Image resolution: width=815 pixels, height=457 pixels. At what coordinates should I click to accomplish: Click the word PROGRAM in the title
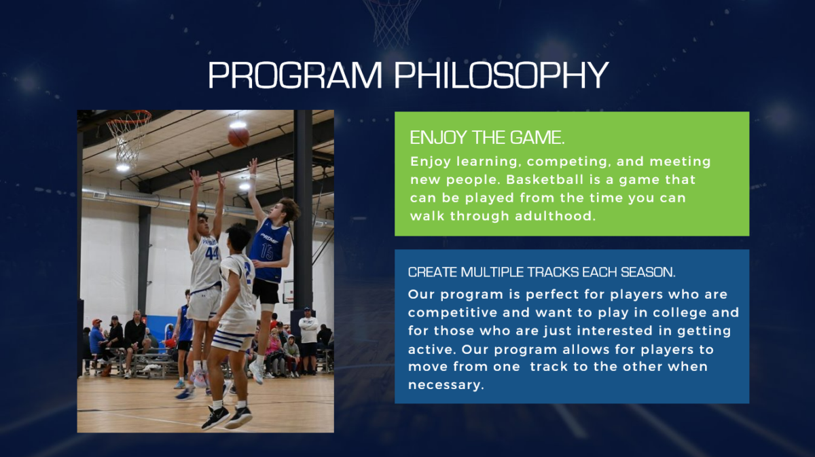click(295, 75)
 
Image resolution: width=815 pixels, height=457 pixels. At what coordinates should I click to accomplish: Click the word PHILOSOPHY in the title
click(501, 75)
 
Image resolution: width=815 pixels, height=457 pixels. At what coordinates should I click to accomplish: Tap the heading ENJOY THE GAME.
click(487, 138)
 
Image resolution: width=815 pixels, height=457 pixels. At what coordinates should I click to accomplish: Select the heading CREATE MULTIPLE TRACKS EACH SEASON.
click(541, 272)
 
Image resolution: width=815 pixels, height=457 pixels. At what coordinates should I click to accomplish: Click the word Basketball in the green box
click(538, 180)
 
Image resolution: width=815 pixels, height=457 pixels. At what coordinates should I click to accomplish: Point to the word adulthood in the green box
click(555, 216)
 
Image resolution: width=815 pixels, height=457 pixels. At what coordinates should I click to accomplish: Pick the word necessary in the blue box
click(446, 385)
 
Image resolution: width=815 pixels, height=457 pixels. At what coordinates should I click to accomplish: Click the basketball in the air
click(238, 136)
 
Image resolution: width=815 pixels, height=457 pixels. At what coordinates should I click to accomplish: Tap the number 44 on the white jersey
click(211, 253)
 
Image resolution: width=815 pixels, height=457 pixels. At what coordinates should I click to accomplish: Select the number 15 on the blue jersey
click(267, 252)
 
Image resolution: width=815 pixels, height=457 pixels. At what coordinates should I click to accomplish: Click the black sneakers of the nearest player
click(227, 418)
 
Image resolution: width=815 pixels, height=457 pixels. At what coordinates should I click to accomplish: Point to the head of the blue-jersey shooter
click(287, 211)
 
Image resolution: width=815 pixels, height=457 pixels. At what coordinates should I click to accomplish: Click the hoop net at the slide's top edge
click(392, 22)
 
